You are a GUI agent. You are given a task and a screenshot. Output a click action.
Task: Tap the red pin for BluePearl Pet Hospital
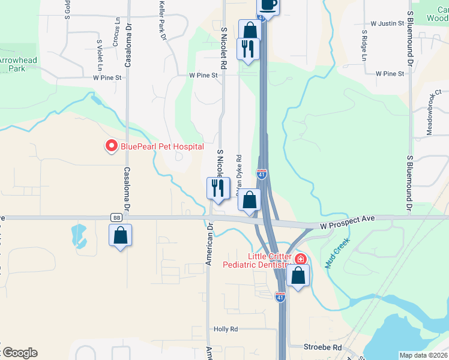pyautogui.click(x=111, y=146)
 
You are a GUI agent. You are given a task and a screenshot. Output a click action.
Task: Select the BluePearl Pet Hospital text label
pyautogui.click(x=162, y=146)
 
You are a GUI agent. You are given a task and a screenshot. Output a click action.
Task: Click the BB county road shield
pyautogui.click(x=116, y=217)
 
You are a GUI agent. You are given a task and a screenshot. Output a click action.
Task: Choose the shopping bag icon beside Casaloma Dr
pyautogui.click(x=120, y=235)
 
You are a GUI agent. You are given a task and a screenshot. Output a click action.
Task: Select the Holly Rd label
pyautogui.click(x=226, y=329)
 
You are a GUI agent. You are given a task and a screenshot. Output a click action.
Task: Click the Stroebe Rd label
pyautogui.click(x=323, y=347)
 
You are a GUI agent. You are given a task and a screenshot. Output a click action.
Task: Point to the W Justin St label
pyautogui.click(x=387, y=23)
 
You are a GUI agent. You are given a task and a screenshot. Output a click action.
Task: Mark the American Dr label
pyautogui.click(x=209, y=245)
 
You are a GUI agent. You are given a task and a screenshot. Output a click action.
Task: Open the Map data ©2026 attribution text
pyautogui.click(x=423, y=355)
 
